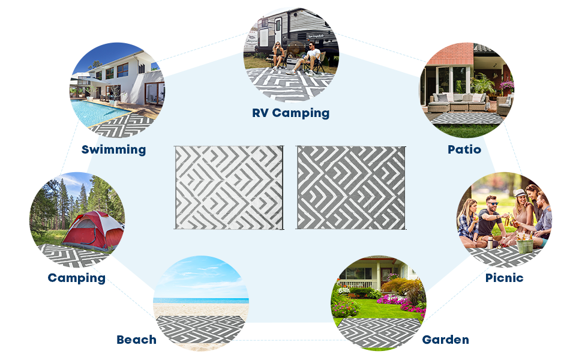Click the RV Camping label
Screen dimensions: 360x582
click(x=290, y=113)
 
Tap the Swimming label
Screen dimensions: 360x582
click(x=113, y=149)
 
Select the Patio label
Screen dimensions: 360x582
click(x=464, y=149)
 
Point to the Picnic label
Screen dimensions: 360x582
click(x=504, y=278)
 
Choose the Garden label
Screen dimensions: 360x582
click(x=445, y=340)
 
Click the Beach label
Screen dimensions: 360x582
click(x=136, y=340)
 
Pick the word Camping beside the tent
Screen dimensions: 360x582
click(x=76, y=278)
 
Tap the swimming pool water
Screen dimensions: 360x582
click(x=99, y=111)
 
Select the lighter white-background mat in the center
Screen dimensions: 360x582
click(x=228, y=187)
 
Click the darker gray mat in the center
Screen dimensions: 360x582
click(x=351, y=187)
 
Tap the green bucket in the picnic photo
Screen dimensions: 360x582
click(x=525, y=246)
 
